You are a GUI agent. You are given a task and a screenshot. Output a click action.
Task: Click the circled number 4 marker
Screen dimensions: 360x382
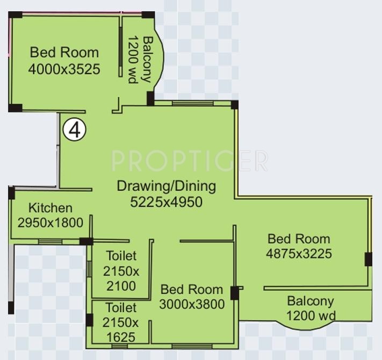coord(75,129)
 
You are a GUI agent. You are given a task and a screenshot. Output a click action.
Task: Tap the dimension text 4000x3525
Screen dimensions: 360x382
coord(64,69)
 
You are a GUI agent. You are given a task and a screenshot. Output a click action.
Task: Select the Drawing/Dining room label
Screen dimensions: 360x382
coord(167,186)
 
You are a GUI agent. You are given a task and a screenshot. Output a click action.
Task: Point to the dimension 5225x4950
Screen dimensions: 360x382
coord(167,202)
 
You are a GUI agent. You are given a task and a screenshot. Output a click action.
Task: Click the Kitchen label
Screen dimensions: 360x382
coord(51,208)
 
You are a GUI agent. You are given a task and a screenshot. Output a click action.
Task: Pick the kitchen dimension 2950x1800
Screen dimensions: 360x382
coord(51,222)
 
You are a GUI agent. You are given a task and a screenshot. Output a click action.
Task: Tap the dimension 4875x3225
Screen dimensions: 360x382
coord(299,253)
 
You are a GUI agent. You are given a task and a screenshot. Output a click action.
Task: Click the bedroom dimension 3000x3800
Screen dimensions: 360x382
coord(192,304)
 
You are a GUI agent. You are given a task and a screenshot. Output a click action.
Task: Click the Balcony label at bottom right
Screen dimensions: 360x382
coord(311,301)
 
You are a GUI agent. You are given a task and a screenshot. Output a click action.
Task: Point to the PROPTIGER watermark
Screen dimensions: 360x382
coord(189,161)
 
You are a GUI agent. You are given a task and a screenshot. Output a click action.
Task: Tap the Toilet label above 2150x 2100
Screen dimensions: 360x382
coord(121,256)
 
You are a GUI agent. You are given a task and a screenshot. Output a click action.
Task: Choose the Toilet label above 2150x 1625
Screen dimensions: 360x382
coord(121,308)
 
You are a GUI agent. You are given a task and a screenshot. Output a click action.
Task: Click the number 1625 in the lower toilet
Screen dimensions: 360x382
coord(121,337)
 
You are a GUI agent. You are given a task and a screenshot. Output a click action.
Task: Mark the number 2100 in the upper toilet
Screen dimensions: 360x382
coord(121,286)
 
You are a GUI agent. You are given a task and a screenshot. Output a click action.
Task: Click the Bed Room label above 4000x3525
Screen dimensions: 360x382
coord(64,53)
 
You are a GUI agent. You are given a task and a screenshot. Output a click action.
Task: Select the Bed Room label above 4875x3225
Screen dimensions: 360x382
coord(299,239)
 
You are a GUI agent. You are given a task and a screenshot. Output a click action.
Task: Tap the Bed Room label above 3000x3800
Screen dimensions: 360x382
coord(192,290)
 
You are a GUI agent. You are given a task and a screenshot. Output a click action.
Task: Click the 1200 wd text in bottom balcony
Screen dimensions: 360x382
coord(311,315)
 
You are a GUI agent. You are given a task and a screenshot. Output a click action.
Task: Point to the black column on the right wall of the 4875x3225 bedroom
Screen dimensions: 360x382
coord(368,259)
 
